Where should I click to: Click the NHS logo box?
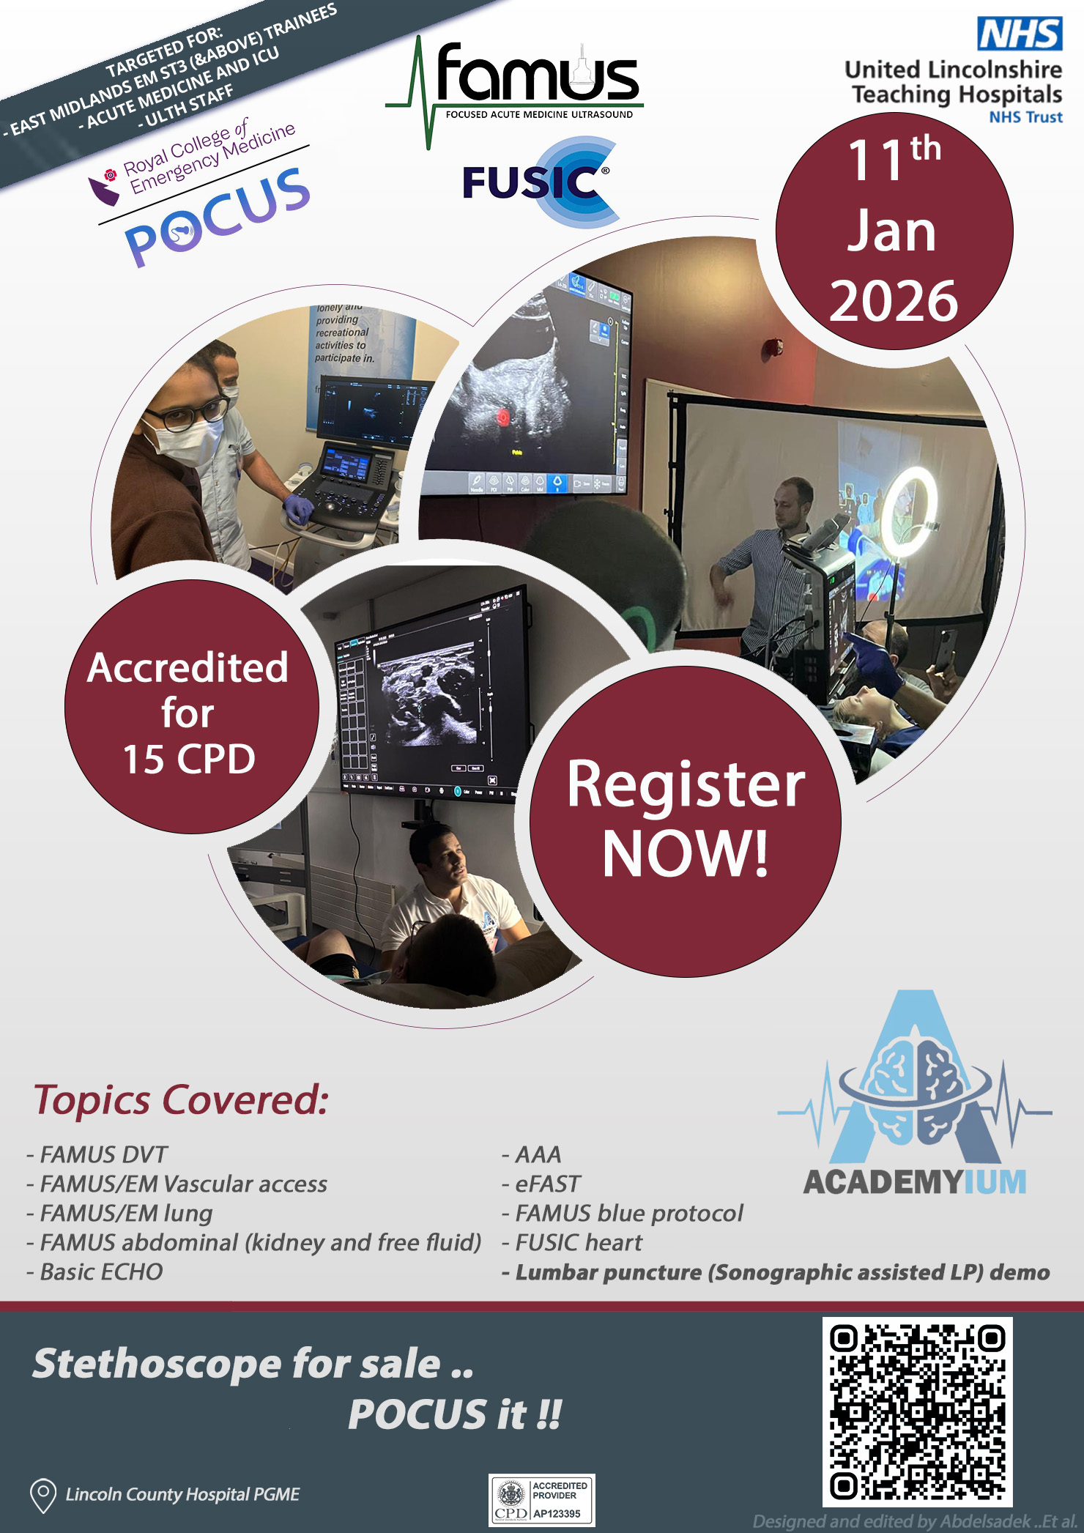1020,34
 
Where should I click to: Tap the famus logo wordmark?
536,75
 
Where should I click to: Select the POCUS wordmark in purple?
218,216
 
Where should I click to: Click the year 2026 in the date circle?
894,301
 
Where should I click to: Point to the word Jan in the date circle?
892,231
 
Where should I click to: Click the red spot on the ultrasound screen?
503,417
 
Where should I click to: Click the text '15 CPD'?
189,759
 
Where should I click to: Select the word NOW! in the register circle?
686,853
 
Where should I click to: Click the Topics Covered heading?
181,1100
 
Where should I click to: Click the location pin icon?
43,1494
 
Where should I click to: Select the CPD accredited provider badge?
541,1500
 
